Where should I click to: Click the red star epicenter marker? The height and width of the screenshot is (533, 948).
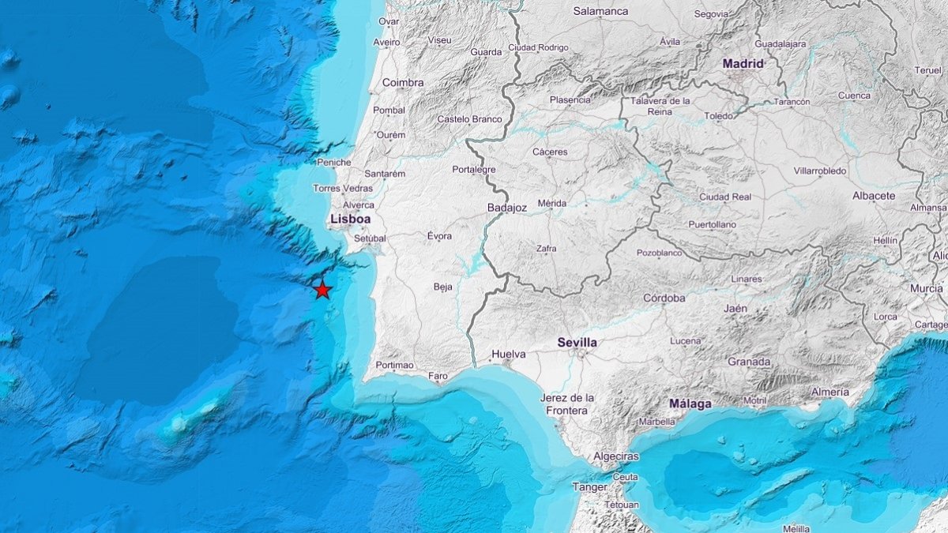pos(322,290)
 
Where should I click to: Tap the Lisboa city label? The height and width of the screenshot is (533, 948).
pos(350,219)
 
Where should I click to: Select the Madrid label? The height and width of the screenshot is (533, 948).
pos(743,63)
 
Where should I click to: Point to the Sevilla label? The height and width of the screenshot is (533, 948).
pos(577,343)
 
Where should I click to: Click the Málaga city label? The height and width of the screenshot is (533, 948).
pos(690,404)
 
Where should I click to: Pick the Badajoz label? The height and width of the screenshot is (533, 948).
pos(507,208)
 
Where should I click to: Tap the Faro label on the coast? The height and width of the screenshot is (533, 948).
pos(438,376)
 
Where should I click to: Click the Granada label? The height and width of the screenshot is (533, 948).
pos(748,362)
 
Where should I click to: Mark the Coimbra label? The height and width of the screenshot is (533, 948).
pos(403,82)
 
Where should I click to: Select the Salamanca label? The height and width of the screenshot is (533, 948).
pos(600,11)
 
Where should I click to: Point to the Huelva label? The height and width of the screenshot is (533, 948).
pos(508,354)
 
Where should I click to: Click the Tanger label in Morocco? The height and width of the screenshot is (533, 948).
pos(589,487)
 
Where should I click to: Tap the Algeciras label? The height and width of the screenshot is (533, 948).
pos(616,457)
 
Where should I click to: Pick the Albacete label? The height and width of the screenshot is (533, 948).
pos(874,195)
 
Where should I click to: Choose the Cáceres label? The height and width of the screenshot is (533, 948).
pos(550,152)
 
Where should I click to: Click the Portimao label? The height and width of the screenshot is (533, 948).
pos(395,365)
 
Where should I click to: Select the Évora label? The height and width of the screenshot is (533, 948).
pos(439,235)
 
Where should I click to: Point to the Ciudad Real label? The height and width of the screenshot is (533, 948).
pos(724,197)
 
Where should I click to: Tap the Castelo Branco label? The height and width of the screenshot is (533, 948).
pos(469,119)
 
